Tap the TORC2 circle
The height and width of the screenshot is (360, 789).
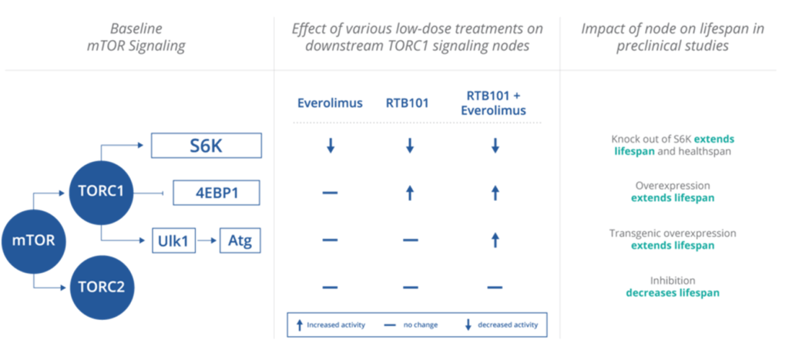tap(101, 288)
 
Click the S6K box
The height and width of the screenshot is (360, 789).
tap(206, 145)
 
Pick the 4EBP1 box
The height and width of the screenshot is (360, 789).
tap(217, 193)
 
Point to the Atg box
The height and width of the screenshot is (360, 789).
tap(240, 241)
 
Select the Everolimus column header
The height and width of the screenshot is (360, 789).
tap(331, 103)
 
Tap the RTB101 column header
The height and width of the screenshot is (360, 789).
tap(409, 103)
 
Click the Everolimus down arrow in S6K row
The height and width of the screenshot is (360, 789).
tap(331, 145)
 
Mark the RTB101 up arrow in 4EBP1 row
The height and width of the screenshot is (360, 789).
tap(410, 193)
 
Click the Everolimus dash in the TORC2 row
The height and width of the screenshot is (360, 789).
tap(331, 288)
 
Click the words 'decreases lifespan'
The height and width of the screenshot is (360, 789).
tap(672, 293)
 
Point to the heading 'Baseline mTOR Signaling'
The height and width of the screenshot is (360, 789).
tap(136, 37)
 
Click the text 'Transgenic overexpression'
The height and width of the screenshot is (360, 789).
tap(672, 233)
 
